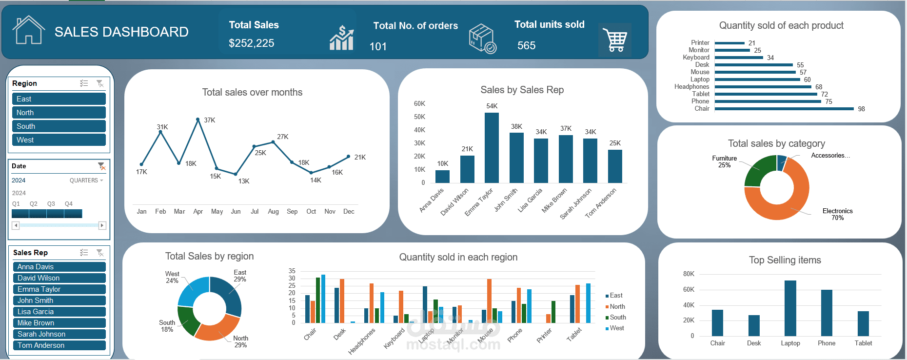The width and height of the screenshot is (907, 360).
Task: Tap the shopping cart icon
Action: point(615,40)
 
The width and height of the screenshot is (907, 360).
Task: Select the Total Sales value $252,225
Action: point(251,43)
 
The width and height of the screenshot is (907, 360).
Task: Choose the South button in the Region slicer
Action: point(59,126)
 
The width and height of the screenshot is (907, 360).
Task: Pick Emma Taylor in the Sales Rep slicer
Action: point(59,289)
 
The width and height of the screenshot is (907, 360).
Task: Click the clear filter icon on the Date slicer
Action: point(101,166)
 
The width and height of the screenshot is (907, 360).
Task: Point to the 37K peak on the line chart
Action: point(198,119)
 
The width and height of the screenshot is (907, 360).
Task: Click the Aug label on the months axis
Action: point(273,212)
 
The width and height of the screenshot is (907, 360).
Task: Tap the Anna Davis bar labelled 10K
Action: point(442,176)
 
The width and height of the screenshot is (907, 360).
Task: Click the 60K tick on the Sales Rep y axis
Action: point(419,104)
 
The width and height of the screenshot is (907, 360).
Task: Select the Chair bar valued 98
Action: point(784,109)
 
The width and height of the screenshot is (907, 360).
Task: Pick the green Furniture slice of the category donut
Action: point(759,171)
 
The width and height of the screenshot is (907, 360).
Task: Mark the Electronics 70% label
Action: point(837,214)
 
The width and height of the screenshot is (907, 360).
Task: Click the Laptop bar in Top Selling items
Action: point(790,308)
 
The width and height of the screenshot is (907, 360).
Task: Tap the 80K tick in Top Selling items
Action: point(689,274)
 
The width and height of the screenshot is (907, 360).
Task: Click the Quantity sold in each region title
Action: point(458,257)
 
